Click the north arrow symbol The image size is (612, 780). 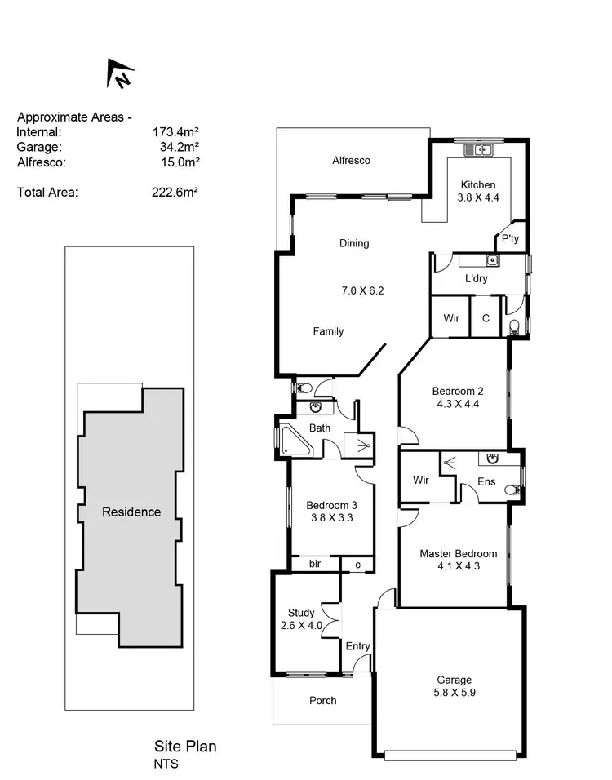[x=120, y=75]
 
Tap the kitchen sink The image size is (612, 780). [x=477, y=150]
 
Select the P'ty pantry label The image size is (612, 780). [x=511, y=239]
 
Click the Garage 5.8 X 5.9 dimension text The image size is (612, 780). [x=454, y=693]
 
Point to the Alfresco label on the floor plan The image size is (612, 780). [x=351, y=161]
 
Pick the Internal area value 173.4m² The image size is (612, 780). [x=176, y=131]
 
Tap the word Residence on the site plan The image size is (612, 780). [x=131, y=512]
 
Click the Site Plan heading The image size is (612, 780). [x=185, y=746]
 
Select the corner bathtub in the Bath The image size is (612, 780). [x=292, y=441]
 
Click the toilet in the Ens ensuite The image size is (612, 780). [x=512, y=490]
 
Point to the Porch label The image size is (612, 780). [x=322, y=700]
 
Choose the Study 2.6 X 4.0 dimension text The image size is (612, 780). [x=301, y=626]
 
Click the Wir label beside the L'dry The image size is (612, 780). [x=450, y=318]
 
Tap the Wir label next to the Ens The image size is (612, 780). [x=421, y=481]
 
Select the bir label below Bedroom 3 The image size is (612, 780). [x=314, y=564]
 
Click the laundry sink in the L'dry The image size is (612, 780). [x=493, y=261]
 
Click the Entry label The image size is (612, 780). [x=357, y=646]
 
